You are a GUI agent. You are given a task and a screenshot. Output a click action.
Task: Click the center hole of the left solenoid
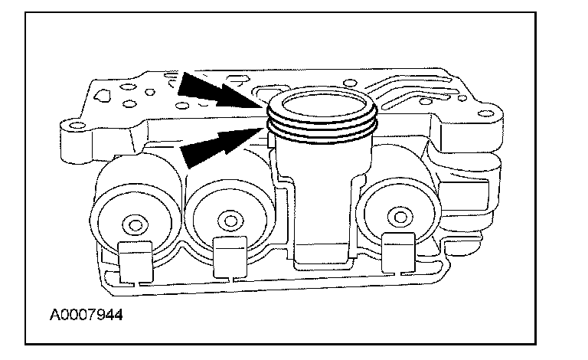pos(135,225)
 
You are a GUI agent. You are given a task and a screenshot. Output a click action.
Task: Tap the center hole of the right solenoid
pos(395,214)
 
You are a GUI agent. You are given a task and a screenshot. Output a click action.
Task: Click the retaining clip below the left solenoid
pos(135,259)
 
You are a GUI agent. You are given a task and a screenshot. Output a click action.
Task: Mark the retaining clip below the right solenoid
pos(398,250)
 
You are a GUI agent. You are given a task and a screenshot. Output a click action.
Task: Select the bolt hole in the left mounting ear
pos(74,124)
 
